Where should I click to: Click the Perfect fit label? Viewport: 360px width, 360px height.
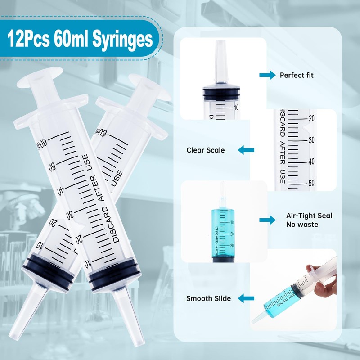[297, 75]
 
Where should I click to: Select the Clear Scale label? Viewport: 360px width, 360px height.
[206, 150]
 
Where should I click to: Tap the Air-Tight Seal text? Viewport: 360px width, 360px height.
[309, 216]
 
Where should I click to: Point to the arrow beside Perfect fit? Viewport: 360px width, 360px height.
[267, 75]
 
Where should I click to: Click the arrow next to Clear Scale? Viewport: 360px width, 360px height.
[246, 150]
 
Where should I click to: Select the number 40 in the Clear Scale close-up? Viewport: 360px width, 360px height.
[310, 162]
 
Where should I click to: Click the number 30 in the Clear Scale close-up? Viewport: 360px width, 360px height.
[310, 140]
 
